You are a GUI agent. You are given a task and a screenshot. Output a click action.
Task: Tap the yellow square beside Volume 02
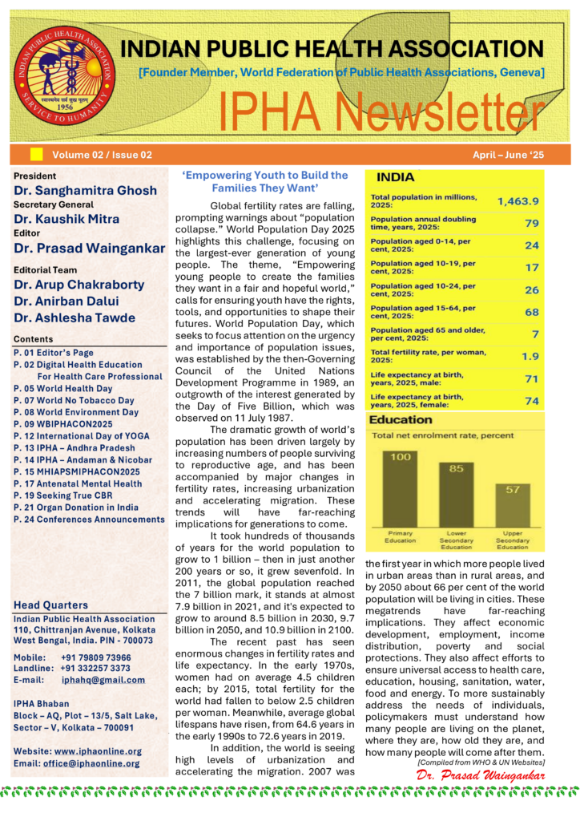click(36, 154)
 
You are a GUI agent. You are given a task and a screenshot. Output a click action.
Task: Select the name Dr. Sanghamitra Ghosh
click(86, 191)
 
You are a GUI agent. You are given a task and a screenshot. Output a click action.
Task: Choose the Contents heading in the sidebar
click(34, 339)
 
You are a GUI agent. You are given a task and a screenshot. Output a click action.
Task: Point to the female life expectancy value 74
click(531, 401)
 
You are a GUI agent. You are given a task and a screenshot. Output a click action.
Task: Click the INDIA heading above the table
click(396, 177)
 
